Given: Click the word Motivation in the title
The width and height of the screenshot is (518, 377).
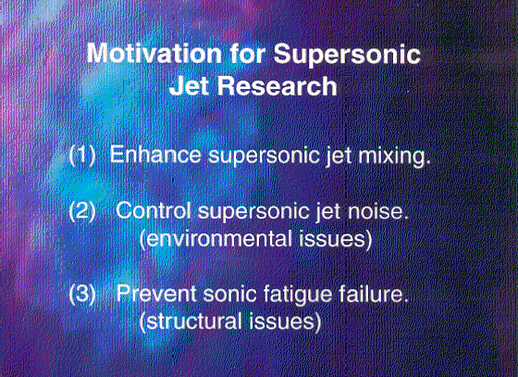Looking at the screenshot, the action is coord(154,53).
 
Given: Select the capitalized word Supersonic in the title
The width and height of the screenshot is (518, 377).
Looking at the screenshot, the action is coord(347,56).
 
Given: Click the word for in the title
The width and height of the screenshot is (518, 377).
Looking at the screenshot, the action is coord(248,53).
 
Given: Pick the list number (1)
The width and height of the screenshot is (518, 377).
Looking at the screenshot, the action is coord(82,155).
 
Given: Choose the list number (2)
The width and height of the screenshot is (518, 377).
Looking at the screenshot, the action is coord(82,211).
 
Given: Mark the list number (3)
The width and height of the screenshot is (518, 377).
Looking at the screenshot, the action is coord(82,294).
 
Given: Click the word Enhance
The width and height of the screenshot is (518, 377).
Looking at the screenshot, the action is coord(155,155).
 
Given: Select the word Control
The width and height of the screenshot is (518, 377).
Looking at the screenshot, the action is coord(154,210).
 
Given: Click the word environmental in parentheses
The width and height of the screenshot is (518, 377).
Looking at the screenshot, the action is coord(216,239).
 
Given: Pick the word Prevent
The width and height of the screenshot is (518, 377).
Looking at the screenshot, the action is coord(156,294).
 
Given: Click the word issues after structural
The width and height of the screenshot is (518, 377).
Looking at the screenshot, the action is coord(285,321).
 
